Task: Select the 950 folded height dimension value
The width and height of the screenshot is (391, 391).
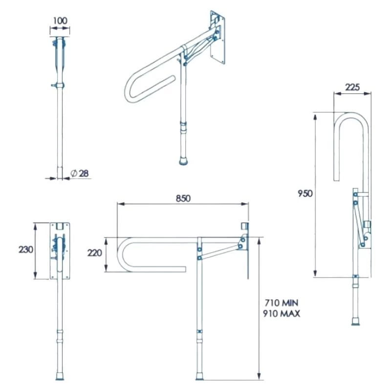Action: tap(305, 193)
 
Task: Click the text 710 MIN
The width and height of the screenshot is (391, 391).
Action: tap(281, 303)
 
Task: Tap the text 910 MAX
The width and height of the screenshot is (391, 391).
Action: tap(281, 314)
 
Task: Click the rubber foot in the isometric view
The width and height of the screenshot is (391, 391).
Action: tap(183, 161)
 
